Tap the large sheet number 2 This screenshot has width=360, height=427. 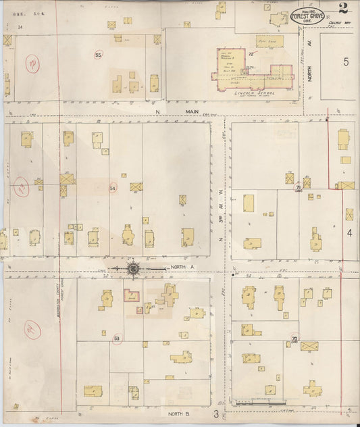[x=344, y=9]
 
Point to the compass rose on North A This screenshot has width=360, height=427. [x=133, y=269]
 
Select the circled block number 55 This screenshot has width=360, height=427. [x=99, y=55]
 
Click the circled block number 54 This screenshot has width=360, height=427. [x=113, y=188]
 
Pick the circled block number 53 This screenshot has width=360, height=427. [x=116, y=338]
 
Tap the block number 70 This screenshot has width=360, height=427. [x=294, y=338]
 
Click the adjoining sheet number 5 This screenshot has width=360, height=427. [x=346, y=63]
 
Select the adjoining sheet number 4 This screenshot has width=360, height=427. [x=350, y=232]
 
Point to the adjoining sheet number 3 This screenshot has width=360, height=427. [x=217, y=413]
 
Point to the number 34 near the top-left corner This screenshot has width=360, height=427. [x=20, y=27]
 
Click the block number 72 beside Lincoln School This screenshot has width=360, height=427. [x=251, y=53]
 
